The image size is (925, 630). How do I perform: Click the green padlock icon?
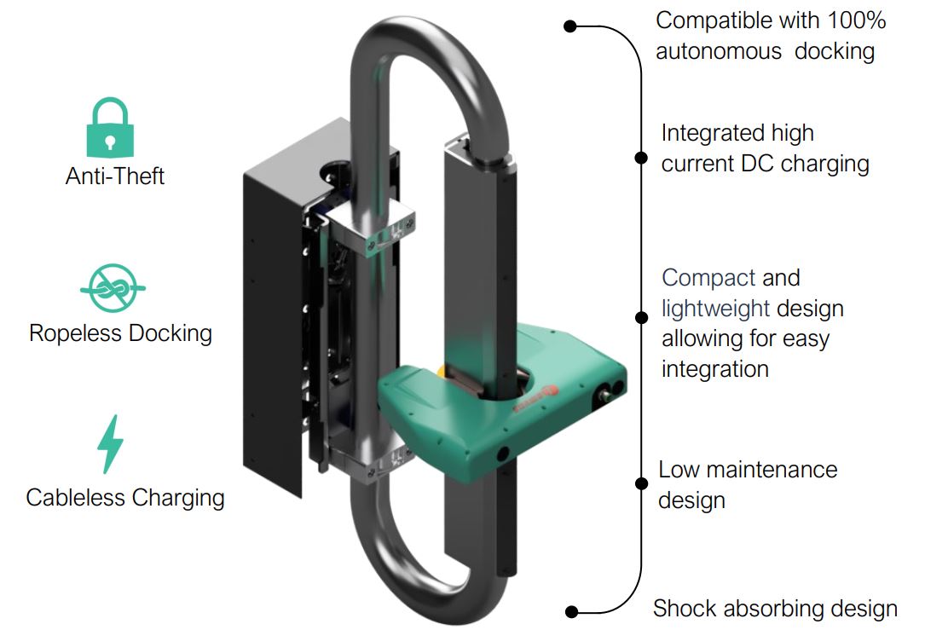click(110, 127)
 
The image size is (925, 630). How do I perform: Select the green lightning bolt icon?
click(111, 443)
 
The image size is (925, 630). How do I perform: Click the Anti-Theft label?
click(115, 176)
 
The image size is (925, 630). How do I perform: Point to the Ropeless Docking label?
click(120, 332)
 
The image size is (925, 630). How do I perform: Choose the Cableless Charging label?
click(125, 497)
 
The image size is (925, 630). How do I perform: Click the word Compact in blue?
click(708, 278)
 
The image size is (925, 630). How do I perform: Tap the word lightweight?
click(715, 309)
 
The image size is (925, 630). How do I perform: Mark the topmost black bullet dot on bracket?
click(571, 26)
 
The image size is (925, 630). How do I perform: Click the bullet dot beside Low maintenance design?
click(641, 483)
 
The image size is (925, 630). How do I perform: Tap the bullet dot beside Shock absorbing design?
click(572, 610)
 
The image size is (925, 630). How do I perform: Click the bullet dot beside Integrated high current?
click(641, 157)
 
